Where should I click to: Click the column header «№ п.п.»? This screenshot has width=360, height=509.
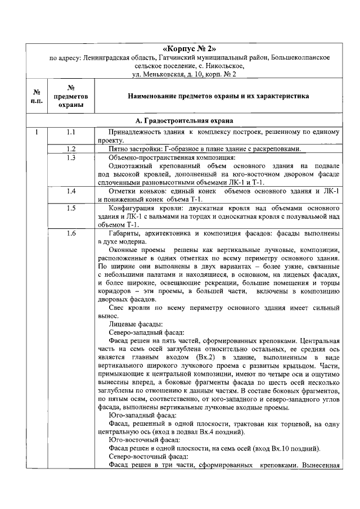pyautogui.click(x=35, y=96)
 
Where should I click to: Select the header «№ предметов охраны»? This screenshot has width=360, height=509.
pyautogui.click(x=71, y=96)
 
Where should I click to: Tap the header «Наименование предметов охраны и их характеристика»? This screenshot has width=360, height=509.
pyautogui.click(x=218, y=96)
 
